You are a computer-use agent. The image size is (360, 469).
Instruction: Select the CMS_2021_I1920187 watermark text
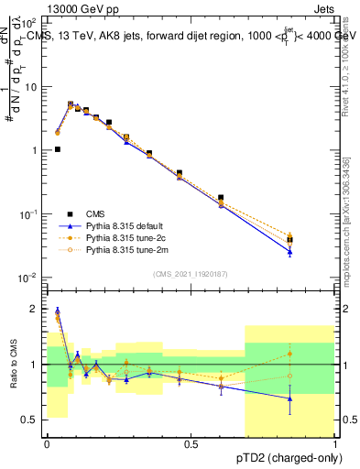click(x=190, y=275)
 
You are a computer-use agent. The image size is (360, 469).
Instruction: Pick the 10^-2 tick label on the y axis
click(x=29, y=278)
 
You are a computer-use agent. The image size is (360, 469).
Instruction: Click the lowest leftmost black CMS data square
click(x=58, y=149)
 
